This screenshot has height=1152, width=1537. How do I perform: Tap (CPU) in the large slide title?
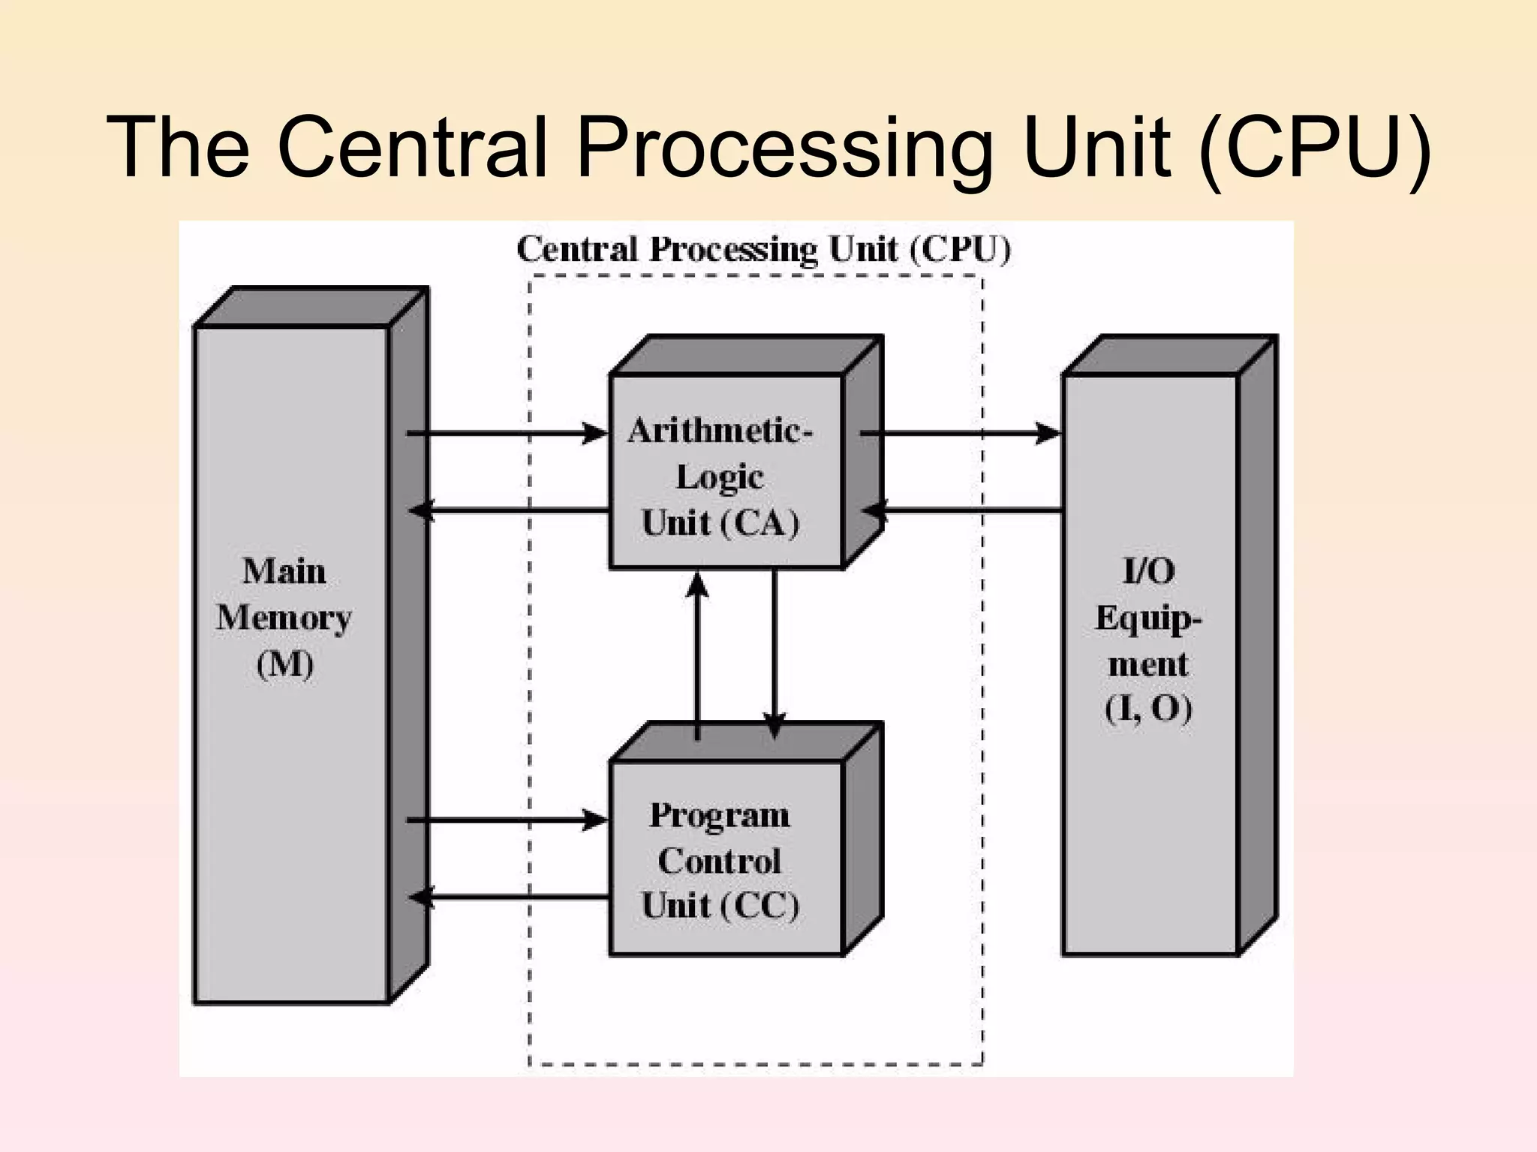click(x=1315, y=148)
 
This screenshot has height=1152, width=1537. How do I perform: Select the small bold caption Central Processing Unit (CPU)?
click(x=764, y=250)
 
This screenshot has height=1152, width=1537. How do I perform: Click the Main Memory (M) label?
click(x=284, y=617)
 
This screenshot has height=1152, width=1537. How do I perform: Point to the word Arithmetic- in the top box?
click(x=720, y=431)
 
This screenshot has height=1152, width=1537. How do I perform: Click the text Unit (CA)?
click(x=720, y=523)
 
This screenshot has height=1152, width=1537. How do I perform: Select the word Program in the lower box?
click(x=720, y=815)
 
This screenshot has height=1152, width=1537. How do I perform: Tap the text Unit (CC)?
click(x=720, y=905)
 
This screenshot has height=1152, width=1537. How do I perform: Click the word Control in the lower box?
click(x=720, y=861)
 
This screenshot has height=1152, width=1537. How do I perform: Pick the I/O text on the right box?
click(x=1148, y=571)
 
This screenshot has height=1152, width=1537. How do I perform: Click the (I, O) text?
click(x=1148, y=709)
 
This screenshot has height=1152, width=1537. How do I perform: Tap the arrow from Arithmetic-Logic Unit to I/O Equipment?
click(x=961, y=433)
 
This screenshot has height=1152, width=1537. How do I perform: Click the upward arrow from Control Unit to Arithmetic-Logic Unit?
click(x=698, y=652)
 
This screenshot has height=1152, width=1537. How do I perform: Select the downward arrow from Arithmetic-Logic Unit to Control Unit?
click(x=774, y=652)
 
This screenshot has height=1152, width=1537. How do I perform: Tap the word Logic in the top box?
click(x=720, y=478)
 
